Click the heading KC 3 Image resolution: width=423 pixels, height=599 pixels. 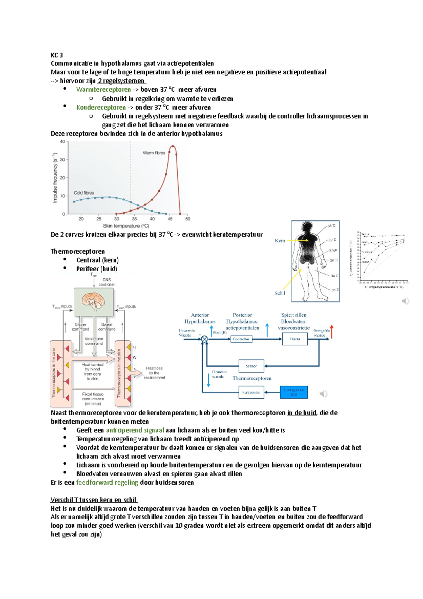[x=57, y=55]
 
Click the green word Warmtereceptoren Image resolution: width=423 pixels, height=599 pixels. [x=103, y=90]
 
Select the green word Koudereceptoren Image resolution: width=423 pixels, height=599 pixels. [x=101, y=107]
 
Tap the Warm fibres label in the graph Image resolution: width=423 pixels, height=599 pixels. [x=154, y=153]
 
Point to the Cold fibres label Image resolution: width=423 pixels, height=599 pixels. [x=84, y=193]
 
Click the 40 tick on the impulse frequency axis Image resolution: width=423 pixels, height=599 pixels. [x=62, y=142]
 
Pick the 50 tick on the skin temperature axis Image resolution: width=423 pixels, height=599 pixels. [x=188, y=219]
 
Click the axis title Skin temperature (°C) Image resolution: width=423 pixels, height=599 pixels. [x=126, y=226]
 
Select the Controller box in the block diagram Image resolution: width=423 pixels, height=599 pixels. [x=241, y=339]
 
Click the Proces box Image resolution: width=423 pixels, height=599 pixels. [x=295, y=339]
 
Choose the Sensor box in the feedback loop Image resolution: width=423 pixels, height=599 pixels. [x=251, y=366]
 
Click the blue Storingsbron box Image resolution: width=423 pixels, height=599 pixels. [x=294, y=392]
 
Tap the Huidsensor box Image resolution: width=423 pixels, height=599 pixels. [x=251, y=392]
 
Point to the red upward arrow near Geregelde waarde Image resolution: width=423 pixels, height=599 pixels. [x=332, y=332]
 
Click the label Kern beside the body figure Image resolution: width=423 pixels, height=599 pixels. [x=280, y=241]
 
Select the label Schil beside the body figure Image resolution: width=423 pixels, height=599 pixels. [x=280, y=293]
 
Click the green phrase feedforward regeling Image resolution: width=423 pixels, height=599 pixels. [x=107, y=483]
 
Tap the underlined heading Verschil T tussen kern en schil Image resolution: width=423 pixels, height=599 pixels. [x=94, y=500]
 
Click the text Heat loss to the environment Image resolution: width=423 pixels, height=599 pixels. [x=154, y=373]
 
